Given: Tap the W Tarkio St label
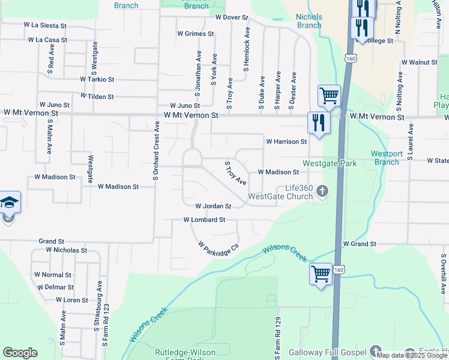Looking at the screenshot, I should pyautogui.click(x=97, y=79).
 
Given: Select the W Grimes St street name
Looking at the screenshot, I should pyautogui.click(x=195, y=34).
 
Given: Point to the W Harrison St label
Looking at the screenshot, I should pyautogui.click(x=286, y=142).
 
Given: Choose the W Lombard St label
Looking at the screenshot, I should pyautogui.click(x=204, y=220).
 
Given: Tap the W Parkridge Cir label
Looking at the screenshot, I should pyautogui.click(x=214, y=247).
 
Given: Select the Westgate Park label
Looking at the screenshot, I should pyautogui.click(x=330, y=163).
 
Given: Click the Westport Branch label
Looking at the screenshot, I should pyautogui.click(x=385, y=158).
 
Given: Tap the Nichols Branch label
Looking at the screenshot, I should pyautogui.click(x=309, y=22).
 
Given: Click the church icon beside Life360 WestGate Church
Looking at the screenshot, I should pyautogui.click(x=322, y=192).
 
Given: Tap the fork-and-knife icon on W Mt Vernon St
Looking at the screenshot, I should pyautogui.click(x=318, y=123).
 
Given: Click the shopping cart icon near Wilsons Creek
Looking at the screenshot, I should pyautogui.click(x=321, y=274).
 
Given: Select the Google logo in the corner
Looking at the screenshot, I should pyautogui.click(x=20, y=353).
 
